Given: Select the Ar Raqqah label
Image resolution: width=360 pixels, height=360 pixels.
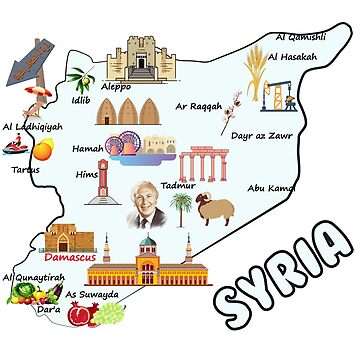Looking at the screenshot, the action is coord(198,105).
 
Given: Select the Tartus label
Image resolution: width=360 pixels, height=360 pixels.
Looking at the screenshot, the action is coord(25,169).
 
